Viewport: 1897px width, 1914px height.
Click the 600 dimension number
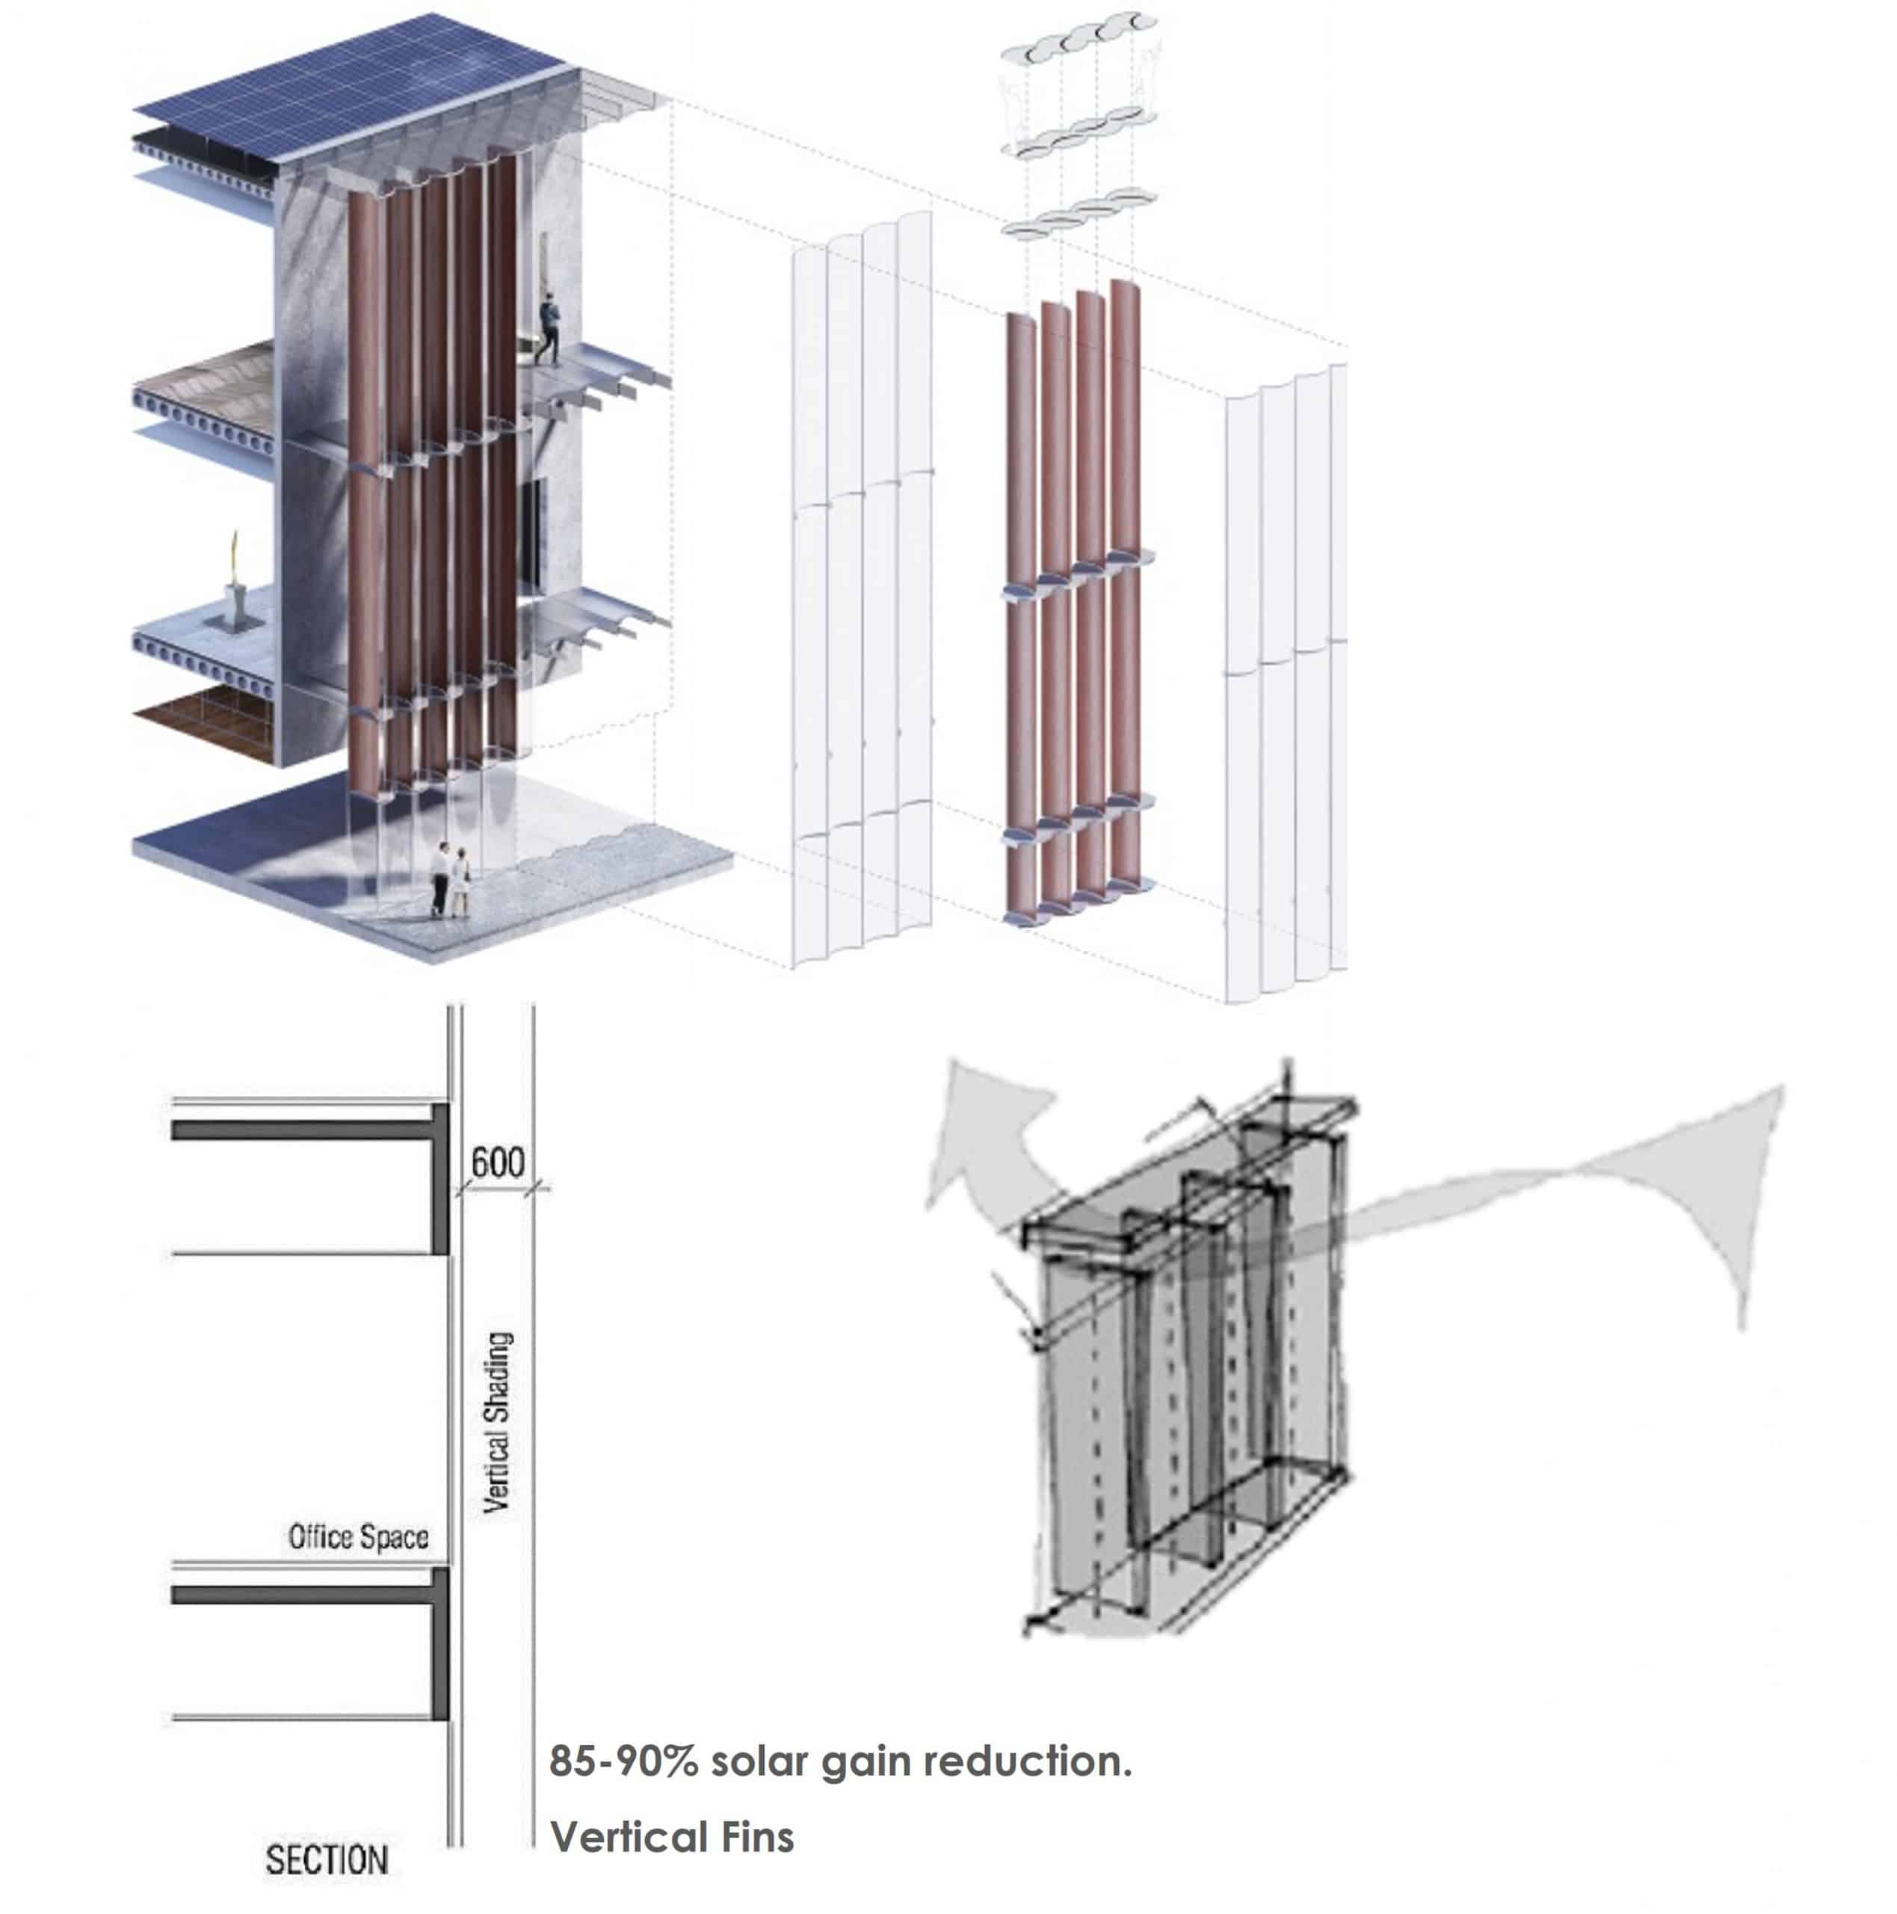(497, 1161)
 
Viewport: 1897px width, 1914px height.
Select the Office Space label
(359, 1536)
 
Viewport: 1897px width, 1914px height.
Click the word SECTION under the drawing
(326, 1859)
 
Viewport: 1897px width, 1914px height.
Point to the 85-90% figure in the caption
(624, 1761)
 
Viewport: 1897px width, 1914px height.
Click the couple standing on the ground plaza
(451, 878)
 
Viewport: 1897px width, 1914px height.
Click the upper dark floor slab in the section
(309, 1130)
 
